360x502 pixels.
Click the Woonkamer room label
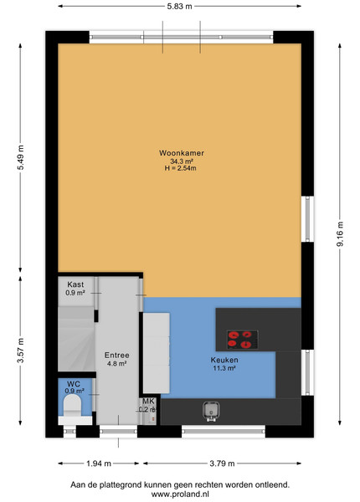pyautogui.click(x=182, y=153)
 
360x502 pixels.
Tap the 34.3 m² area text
pyautogui.click(x=182, y=161)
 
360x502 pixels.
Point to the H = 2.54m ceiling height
pyautogui.click(x=180, y=168)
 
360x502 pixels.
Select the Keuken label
pyautogui.click(x=224, y=360)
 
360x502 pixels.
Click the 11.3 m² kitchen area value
pyautogui.click(x=224, y=368)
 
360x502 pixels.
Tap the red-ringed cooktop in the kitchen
pyautogui.click(x=243, y=340)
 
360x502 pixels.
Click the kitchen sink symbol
pyautogui.click(x=211, y=411)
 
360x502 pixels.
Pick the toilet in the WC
pyautogui.click(x=72, y=405)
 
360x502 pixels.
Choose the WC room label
pyautogui.click(x=74, y=384)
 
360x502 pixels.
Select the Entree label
pyautogui.click(x=117, y=356)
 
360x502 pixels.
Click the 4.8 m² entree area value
pyautogui.click(x=117, y=363)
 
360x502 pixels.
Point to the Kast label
pyautogui.click(x=75, y=284)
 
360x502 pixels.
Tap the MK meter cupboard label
pyautogui.click(x=148, y=402)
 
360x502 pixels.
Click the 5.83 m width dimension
pyautogui.click(x=179, y=6)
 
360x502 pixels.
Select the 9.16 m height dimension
pyautogui.click(x=340, y=234)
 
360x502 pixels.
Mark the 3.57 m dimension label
pyautogui.click(x=20, y=351)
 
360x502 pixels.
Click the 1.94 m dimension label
pyautogui.click(x=99, y=464)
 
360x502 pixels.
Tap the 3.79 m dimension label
pyautogui.click(x=222, y=464)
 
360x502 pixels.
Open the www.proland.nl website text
pyautogui.click(x=180, y=494)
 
